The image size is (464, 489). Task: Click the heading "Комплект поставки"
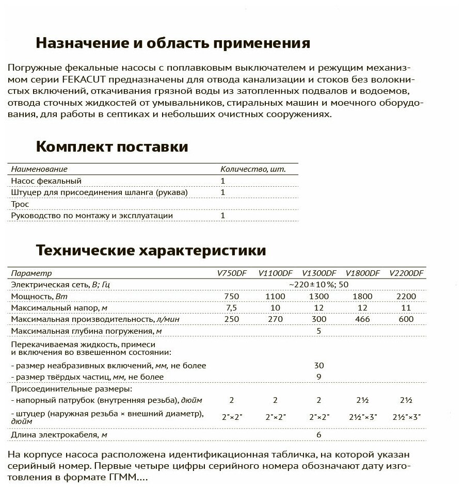click(x=111, y=147)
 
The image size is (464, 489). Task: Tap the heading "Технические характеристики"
click(x=151, y=251)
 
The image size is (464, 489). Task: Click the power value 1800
click(x=363, y=297)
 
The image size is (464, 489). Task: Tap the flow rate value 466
click(x=363, y=319)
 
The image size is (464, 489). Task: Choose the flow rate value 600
click(x=406, y=319)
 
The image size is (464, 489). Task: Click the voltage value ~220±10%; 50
click(x=318, y=285)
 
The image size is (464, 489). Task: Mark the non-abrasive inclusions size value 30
click(x=318, y=365)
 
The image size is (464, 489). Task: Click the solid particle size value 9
click(x=318, y=377)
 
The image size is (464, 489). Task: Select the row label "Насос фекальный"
click(x=46, y=181)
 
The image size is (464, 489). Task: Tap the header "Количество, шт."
click(x=252, y=169)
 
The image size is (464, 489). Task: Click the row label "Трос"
click(x=20, y=204)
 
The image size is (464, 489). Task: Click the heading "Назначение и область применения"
click(x=173, y=42)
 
